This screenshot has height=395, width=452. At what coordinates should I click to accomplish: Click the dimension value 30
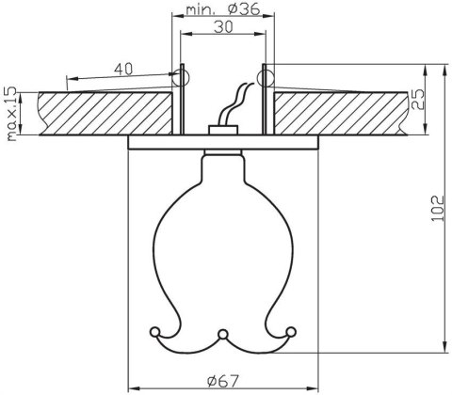222,29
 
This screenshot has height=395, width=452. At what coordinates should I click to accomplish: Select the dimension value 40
122,69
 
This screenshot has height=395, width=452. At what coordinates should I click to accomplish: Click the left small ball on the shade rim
155,330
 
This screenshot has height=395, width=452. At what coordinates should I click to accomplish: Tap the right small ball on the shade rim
290,330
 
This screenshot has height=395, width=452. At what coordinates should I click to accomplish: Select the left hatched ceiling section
104,115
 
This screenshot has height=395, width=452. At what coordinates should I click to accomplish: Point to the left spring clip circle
182,73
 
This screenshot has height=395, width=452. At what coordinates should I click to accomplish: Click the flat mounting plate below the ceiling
222,142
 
